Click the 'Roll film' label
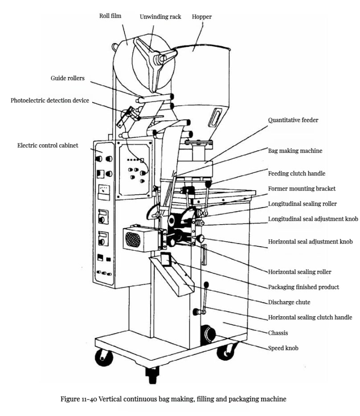tap(110, 16)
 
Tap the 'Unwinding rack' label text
tap(160, 16)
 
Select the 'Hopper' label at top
tap(201, 16)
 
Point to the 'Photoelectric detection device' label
tap(50, 101)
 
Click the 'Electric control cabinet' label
tap(48, 145)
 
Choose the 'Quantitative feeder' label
tap(293, 120)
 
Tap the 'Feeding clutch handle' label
tap(296, 173)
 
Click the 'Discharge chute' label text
tap(289, 302)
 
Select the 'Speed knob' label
tap(283, 348)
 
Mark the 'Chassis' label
tap(278, 333)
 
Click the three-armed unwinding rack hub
tap(156, 58)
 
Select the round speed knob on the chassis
tap(206, 333)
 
